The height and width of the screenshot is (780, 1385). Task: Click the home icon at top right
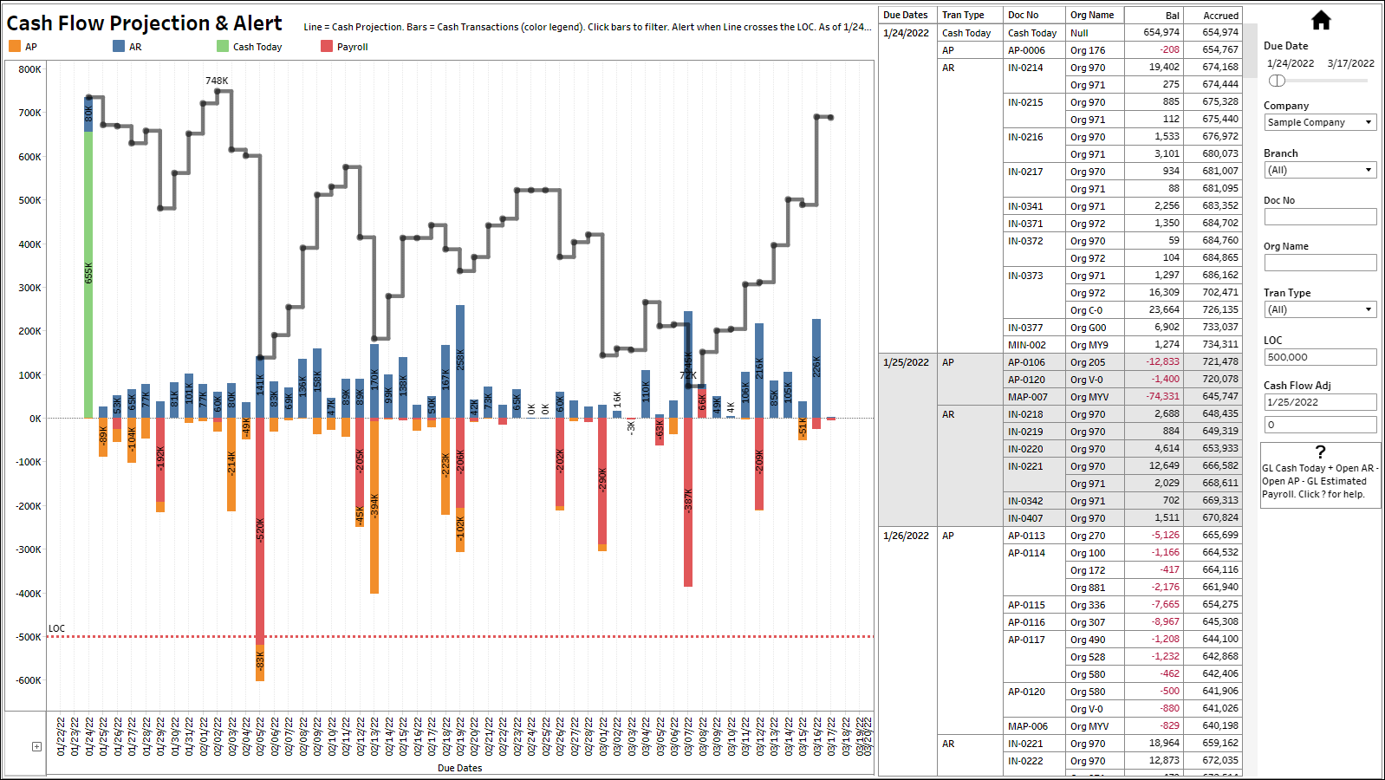coord(1320,20)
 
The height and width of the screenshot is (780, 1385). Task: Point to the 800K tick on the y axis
coord(29,69)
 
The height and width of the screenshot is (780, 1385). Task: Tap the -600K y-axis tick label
coord(29,680)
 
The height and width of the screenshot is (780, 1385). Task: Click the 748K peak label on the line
coord(217,81)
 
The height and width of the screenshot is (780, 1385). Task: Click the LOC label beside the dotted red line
coord(56,628)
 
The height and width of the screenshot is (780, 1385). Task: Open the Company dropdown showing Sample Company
coord(1319,122)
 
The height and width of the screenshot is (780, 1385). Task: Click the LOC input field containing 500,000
coord(1319,357)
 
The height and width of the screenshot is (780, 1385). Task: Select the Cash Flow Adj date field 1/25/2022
coord(1319,402)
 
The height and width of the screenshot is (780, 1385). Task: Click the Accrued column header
coord(1220,16)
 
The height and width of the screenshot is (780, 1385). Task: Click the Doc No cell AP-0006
coord(1026,50)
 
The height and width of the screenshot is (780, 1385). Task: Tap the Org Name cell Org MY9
coord(1089,345)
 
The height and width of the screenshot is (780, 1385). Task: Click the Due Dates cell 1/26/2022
coord(906,536)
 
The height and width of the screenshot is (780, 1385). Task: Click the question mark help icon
coord(1320,452)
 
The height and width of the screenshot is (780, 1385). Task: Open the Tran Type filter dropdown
coord(1319,309)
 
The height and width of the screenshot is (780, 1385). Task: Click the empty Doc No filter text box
coord(1319,217)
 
